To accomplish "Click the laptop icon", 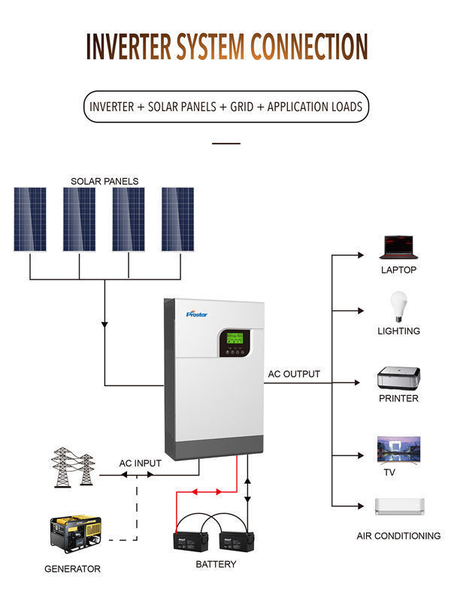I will point(398,247).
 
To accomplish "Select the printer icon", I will point(398,377).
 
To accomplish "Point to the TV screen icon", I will point(398,448).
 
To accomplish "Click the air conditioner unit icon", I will point(400,506).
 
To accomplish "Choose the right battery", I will point(236,539).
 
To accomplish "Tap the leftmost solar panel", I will point(29,219).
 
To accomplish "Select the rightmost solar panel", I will point(178,219).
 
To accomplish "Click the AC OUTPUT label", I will point(294,374).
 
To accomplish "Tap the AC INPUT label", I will point(141,464).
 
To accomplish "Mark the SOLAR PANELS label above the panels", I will point(104,181).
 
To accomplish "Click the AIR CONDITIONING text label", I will point(398,536).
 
